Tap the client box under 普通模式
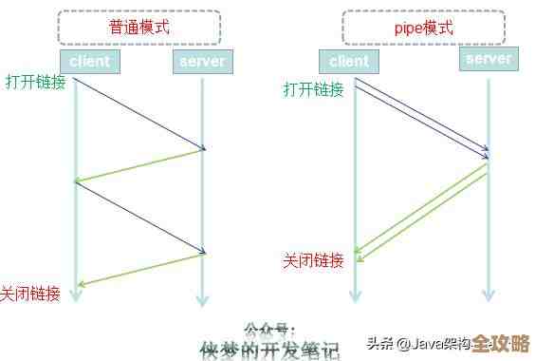90,62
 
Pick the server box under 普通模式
201,62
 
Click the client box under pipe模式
349,62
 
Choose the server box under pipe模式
488,59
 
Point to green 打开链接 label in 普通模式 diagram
35,82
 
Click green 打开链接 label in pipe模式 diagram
313,89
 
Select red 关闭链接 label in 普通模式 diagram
30,294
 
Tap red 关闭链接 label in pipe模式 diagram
313,260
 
